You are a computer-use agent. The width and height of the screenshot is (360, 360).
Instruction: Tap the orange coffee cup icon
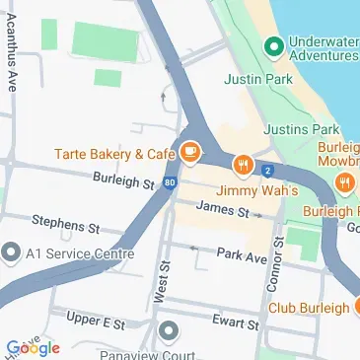tap(190, 153)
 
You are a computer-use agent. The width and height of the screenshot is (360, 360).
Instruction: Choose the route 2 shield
tap(268, 171)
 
